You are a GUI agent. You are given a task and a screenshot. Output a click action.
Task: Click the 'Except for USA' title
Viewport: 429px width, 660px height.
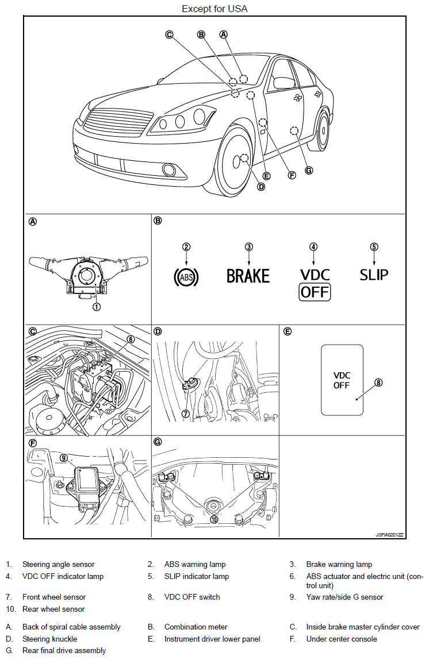pos(215,9)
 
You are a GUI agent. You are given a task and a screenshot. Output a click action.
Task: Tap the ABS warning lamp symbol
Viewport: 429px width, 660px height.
pos(186,277)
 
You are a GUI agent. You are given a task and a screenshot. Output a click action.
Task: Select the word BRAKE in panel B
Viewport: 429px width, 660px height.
pos(248,276)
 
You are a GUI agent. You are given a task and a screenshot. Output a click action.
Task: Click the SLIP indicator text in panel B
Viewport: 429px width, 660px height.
pos(374,275)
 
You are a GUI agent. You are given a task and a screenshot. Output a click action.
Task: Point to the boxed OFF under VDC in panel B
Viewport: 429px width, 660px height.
pos(315,292)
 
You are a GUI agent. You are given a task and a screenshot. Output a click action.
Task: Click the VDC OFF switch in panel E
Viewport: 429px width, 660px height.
pos(342,380)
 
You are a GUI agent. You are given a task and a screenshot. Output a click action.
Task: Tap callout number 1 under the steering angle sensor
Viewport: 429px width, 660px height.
pos(97,307)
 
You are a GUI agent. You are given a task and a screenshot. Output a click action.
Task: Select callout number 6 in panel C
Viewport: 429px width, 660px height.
pos(131,339)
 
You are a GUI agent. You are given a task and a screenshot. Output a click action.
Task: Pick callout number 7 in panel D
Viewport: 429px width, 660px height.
pos(185,414)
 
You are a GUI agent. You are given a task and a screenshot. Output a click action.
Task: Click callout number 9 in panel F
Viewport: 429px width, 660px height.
pos(64,458)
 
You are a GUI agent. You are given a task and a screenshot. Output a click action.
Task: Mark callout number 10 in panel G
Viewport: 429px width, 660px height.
pos(214,519)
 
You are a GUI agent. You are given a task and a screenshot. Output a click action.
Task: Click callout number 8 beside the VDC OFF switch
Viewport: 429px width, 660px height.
pos(378,383)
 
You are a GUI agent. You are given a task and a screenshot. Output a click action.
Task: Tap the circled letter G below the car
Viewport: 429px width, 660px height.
pos(309,171)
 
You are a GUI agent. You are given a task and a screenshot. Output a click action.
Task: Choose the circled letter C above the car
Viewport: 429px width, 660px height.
pos(169,34)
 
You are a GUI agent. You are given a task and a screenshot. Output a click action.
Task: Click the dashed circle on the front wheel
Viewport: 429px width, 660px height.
pos(244,159)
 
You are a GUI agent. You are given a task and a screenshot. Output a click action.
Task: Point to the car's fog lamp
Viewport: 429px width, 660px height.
pos(170,169)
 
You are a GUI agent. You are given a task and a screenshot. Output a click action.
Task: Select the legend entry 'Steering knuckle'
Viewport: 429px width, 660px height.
pos(49,639)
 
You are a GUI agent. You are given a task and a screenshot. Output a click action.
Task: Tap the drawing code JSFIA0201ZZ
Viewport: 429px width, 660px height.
pos(389,535)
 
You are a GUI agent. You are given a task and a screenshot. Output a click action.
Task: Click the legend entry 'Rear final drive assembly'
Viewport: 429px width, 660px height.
pos(64,650)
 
